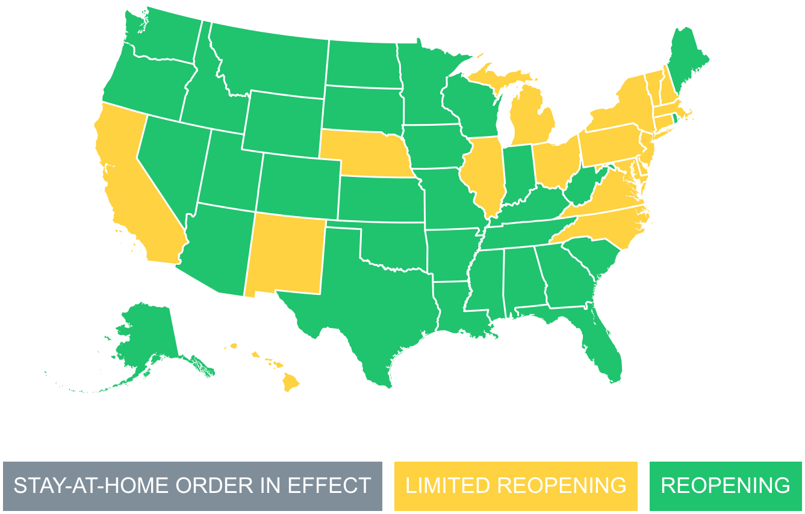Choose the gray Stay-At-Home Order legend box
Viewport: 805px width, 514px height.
tap(193, 486)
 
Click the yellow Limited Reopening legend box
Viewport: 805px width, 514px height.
tap(515, 486)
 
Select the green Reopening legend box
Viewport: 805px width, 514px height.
tap(726, 486)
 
